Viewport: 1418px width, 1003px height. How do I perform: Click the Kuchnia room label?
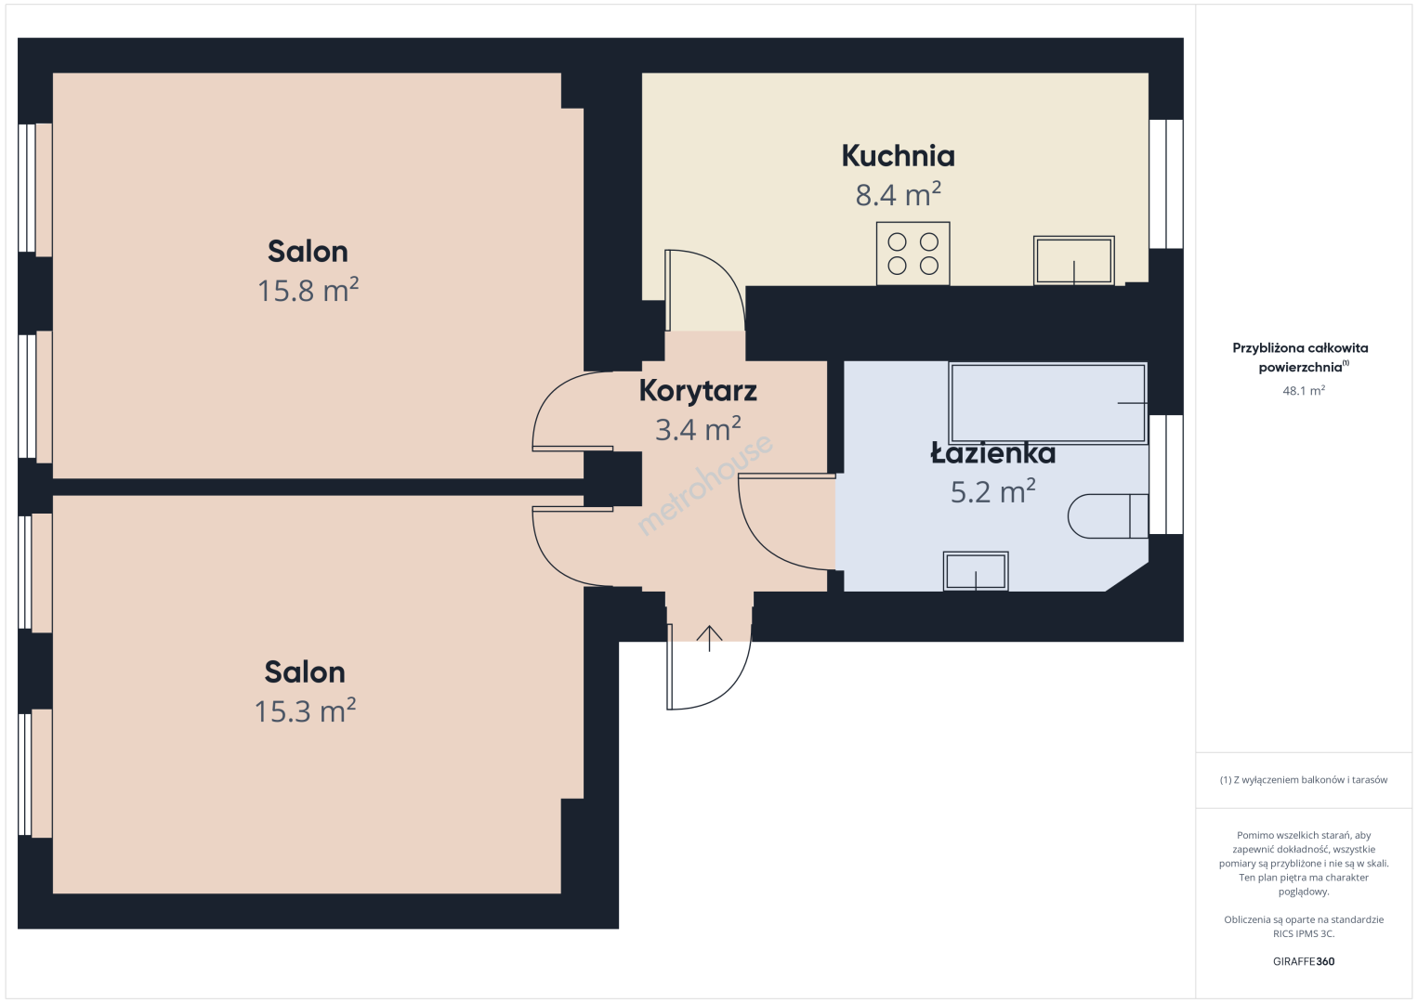[x=898, y=156]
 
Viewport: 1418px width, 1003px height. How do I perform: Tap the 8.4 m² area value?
[x=898, y=194]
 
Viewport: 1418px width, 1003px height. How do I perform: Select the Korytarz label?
[x=698, y=390]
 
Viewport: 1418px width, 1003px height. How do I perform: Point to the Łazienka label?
[x=992, y=453]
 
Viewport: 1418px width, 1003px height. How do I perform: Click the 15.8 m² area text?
[x=308, y=290]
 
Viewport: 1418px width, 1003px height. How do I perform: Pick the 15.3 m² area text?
[x=305, y=710]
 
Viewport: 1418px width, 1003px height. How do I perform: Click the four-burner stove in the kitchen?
[x=913, y=254]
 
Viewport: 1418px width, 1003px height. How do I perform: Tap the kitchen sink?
[x=1073, y=260]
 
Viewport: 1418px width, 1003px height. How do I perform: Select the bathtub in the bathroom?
[x=1047, y=402]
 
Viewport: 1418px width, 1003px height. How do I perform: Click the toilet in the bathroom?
[x=1108, y=516]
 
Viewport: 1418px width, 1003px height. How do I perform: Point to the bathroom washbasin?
[x=976, y=571]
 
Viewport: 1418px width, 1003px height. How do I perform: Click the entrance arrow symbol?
[x=709, y=638]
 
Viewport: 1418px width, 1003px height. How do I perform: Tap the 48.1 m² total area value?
[x=1304, y=390]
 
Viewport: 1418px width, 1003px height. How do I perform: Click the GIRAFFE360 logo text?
[x=1304, y=961]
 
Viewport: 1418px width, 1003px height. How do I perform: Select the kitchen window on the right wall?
[x=1166, y=184]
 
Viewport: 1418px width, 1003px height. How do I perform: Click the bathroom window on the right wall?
[x=1166, y=475]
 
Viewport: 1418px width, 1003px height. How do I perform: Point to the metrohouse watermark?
[x=704, y=484]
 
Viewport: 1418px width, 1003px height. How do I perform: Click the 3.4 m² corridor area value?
[x=698, y=429]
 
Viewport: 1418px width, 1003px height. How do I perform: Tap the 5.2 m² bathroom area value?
[x=992, y=491]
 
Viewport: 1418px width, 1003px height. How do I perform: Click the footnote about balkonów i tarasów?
[x=1304, y=779]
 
